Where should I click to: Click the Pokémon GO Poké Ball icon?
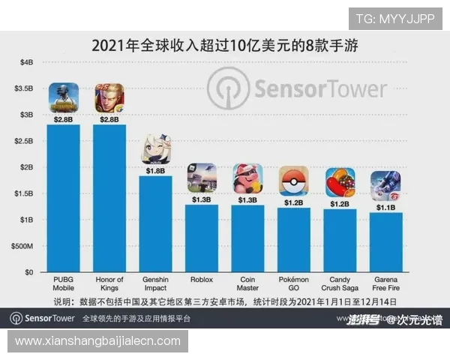294,181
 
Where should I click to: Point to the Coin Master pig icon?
247,178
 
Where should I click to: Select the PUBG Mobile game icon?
64,97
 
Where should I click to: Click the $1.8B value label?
156,170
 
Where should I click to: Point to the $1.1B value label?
385,207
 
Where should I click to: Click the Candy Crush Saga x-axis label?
340,284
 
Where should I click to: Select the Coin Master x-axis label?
247,284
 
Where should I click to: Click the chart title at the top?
224,44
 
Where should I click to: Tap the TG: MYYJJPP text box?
395,19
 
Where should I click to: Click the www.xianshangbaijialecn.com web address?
98,341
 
